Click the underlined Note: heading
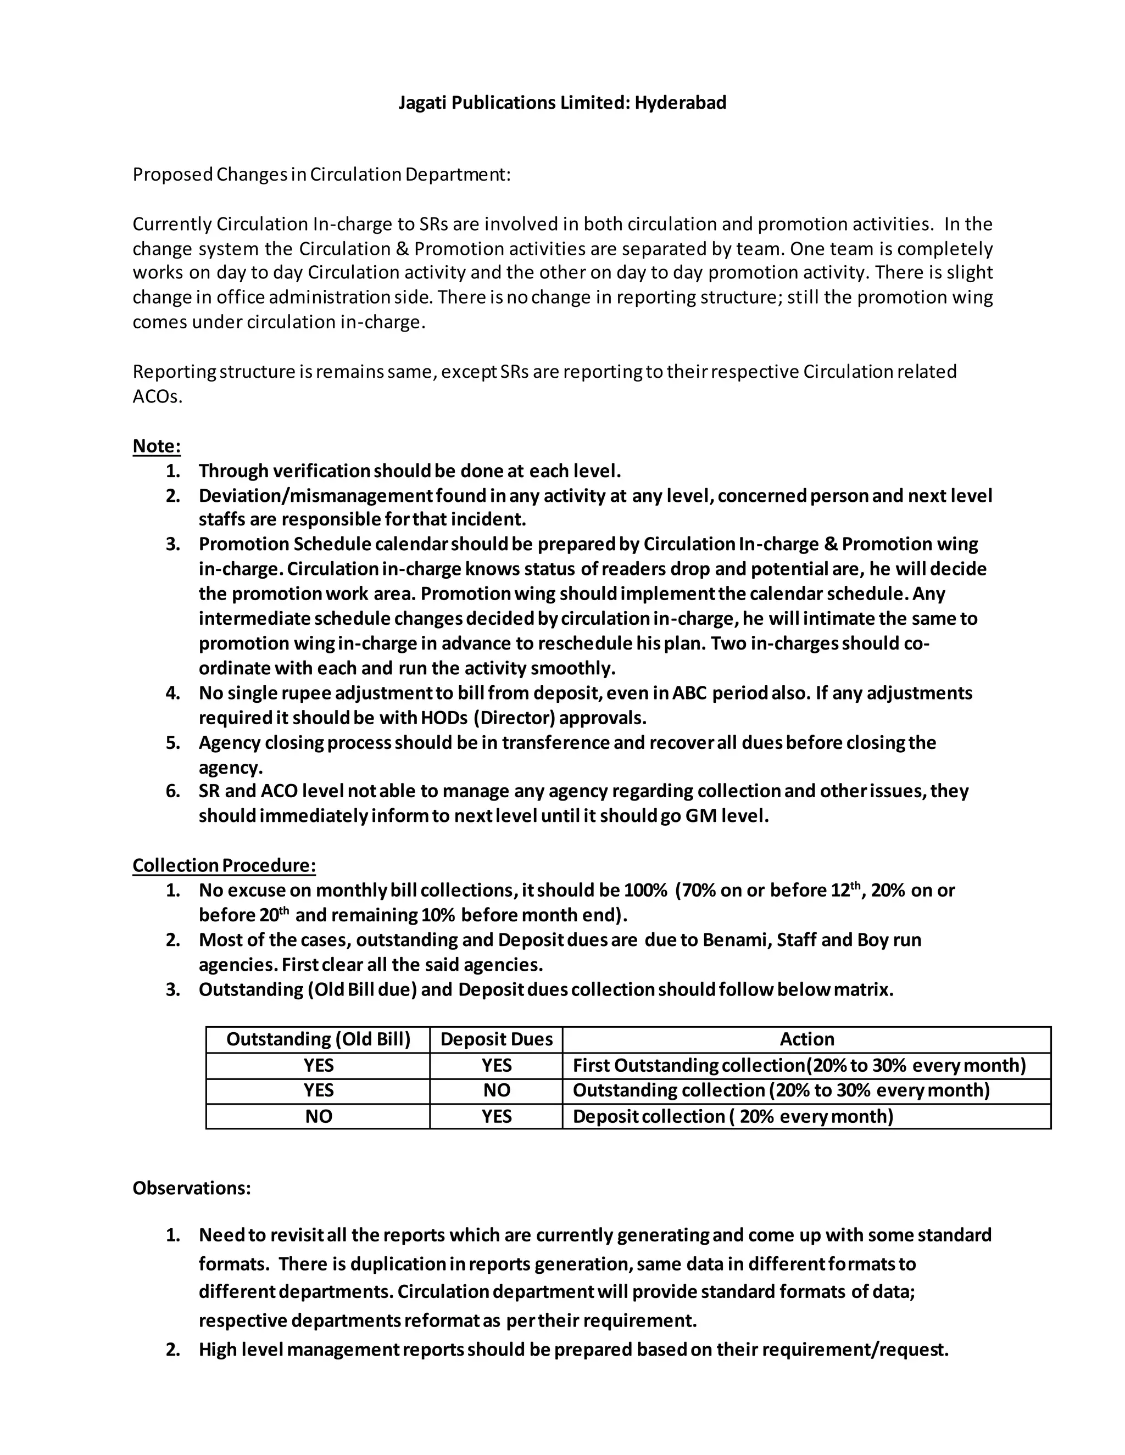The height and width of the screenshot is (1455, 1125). pyautogui.click(x=157, y=446)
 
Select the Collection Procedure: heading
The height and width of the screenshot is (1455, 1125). pyautogui.click(x=224, y=865)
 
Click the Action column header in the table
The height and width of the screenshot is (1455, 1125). pyautogui.click(x=806, y=1039)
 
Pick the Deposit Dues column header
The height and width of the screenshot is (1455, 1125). pyautogui.click(x=497, y=1039)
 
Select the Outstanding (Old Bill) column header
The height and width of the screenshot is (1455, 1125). pyautogui.click(x=319, y=1039)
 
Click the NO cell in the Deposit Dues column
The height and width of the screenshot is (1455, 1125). pyautogui.click(x=497, y=1090)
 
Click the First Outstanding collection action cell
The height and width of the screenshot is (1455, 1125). pyautogui.click(x=798, y=1065)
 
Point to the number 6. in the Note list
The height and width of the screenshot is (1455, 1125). pyautogui.click(x=173, y=791)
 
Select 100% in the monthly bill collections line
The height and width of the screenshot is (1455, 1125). pyautogui.click(x=645, y=890)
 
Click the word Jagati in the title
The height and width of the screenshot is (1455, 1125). pyautogui.click(x=422, y=103)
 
